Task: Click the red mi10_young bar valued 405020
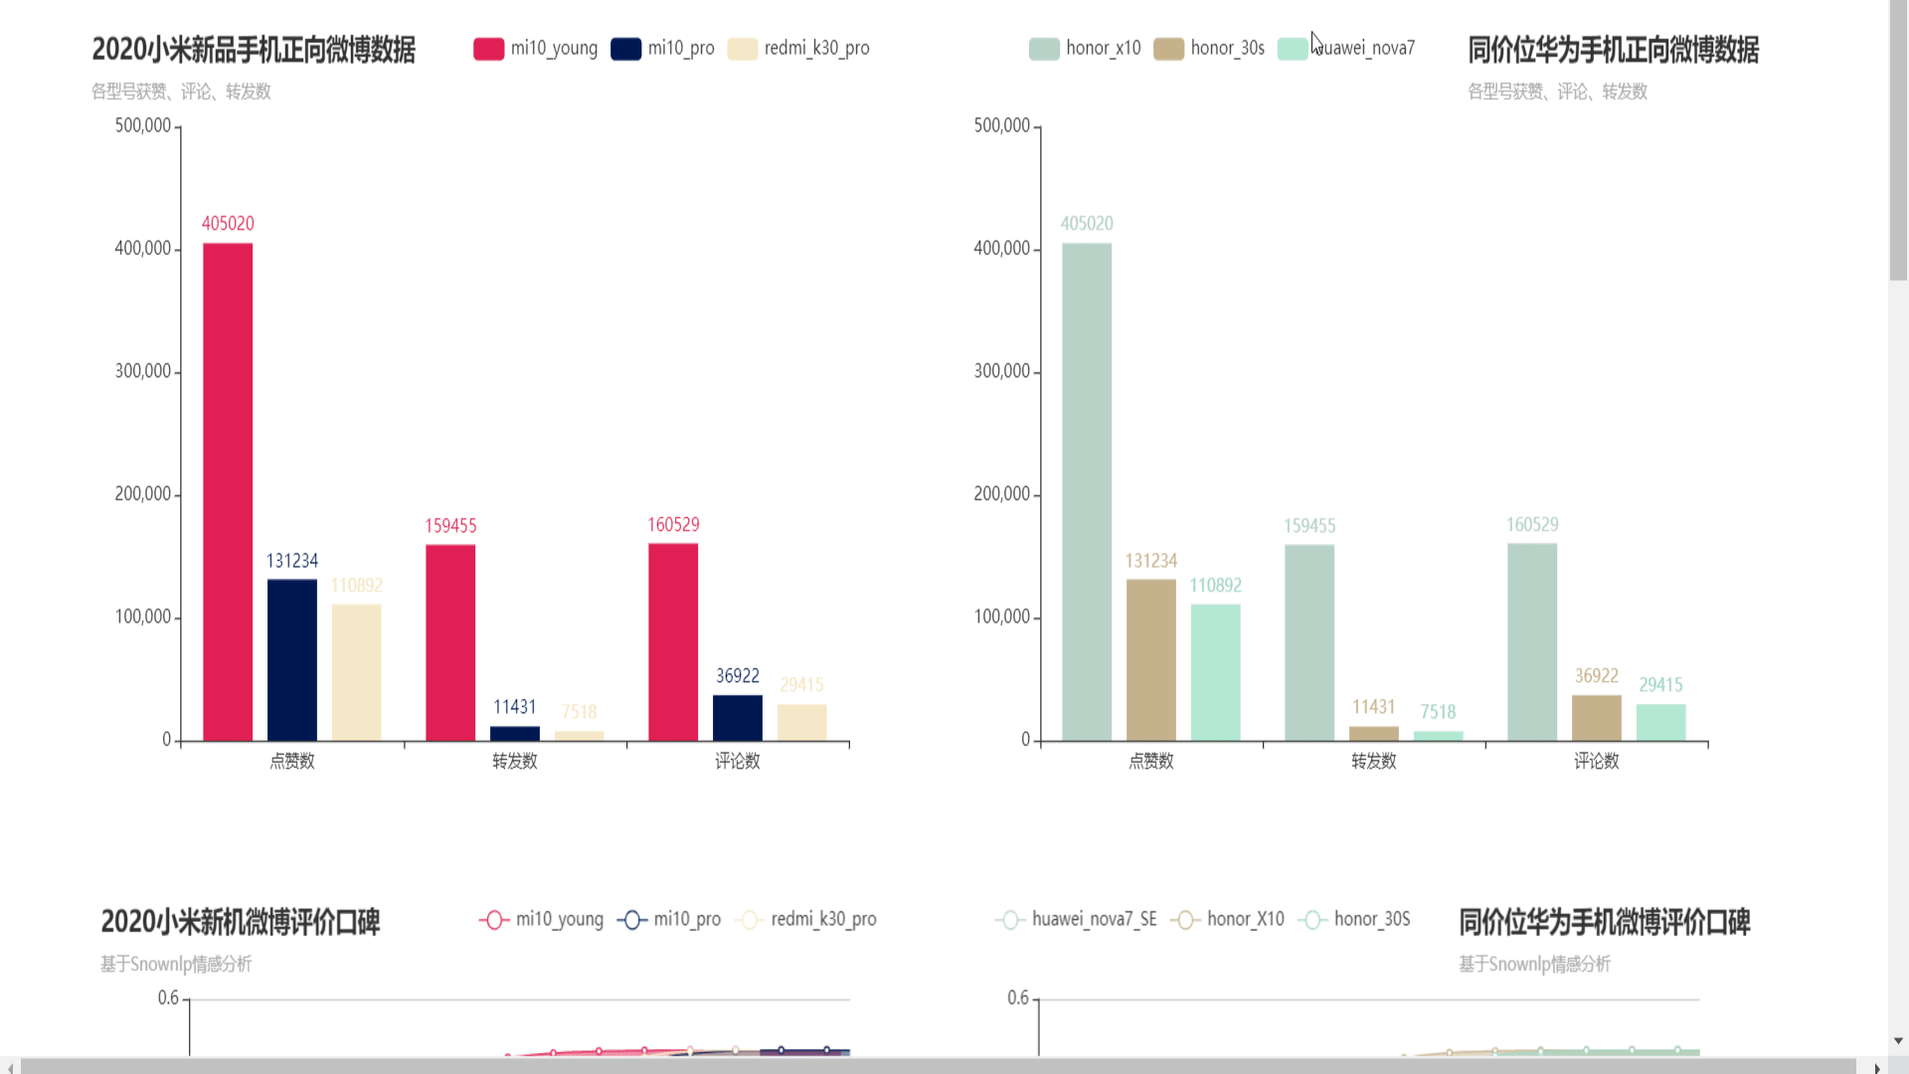click(228, 492)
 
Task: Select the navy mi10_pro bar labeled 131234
click(292, 660)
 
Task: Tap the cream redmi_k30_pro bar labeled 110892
click(356, 672)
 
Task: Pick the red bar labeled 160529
click(673, 642)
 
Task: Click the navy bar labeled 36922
click(738, 718)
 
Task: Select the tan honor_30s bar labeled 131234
click(1150, 660)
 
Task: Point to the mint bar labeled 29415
click(1660, 723)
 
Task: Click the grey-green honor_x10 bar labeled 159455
click(1309, 642)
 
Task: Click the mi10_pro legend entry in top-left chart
click(663, 48)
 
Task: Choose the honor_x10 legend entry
click(1085, 48)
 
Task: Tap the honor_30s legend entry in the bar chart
click(1210, 48)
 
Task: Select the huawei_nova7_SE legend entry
click(1077, 920)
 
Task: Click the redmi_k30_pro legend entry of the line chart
click(806, 920)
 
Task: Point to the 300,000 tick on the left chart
click(142, 371)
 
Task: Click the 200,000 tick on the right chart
click(1001, 494)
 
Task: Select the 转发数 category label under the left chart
click(515, 761)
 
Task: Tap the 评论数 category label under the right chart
click(1596, 761)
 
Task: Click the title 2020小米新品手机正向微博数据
click(254, 50)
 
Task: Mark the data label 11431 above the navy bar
click(515, 707)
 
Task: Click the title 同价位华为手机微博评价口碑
click(1604, 922)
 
